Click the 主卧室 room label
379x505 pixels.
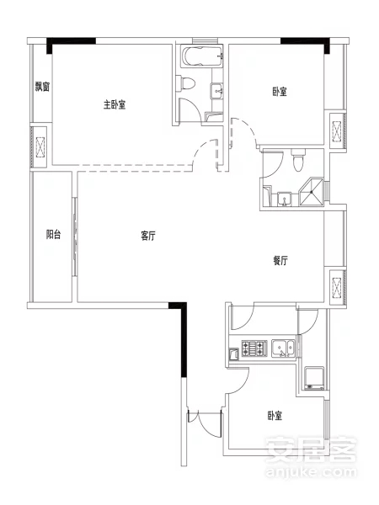115,104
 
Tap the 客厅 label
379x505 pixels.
148,236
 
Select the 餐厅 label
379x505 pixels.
280,260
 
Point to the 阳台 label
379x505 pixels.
53,234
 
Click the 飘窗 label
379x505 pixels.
42,87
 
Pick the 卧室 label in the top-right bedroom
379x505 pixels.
280,92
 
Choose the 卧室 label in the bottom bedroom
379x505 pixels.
275,416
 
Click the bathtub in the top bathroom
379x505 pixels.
202,56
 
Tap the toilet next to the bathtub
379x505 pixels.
186,82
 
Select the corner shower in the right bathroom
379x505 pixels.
312,191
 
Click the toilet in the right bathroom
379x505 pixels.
297,160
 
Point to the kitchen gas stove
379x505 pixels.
254,348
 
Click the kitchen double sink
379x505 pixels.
283,348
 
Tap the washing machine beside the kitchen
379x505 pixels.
314,378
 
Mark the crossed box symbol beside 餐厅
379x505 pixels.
336,287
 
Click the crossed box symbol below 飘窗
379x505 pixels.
40,147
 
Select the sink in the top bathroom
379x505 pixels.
216,90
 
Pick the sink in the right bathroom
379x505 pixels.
285,199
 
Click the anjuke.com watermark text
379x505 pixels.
311,472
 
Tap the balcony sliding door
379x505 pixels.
74,237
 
